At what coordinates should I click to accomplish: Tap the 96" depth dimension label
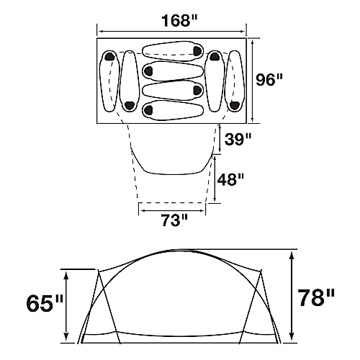point(271,79)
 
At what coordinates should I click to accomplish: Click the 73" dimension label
point(173,219)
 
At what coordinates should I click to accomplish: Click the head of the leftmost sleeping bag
point(109,57)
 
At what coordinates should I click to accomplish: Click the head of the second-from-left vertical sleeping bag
point(129,105)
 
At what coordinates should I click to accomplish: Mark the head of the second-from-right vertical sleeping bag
point(215,57)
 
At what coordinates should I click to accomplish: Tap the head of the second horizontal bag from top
point(149,71)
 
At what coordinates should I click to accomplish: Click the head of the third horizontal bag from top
point(195,90)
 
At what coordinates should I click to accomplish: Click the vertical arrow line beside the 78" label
point(292,296)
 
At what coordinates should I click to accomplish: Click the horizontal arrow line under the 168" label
point(172,31)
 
